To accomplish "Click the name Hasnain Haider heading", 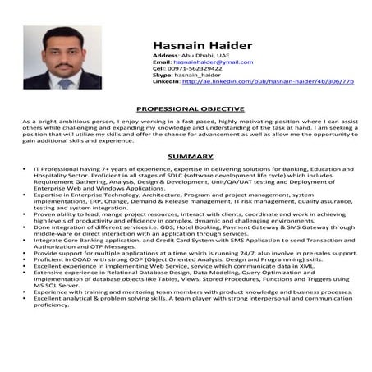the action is pyautogui.click(x=202, y=45).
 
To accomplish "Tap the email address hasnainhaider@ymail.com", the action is pyautogui.click(x=214, y=62).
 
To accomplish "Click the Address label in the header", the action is pyautogui.click(x=166, y=55).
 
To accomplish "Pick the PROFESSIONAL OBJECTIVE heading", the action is pyautogui.click(x=190, y=108).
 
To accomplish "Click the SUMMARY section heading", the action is pyautogui.click(x=190, y=156).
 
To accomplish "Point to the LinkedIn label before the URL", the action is pyautogui.click(x=166, y=81).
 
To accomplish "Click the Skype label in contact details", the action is pyautogui.click(x=163, y=75).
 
